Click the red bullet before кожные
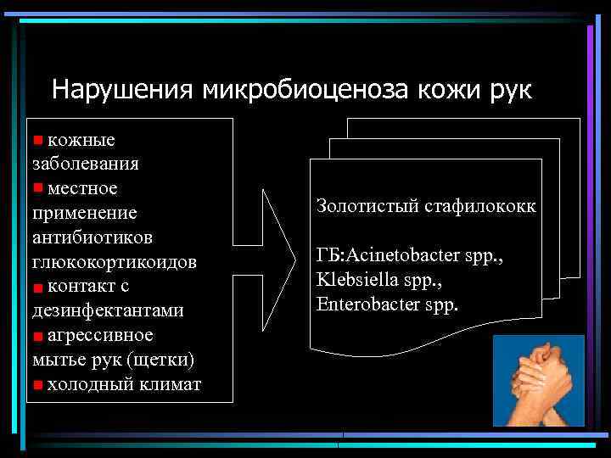point(37,138)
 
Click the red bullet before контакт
point(37,288)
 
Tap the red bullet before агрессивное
point(37,336)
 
